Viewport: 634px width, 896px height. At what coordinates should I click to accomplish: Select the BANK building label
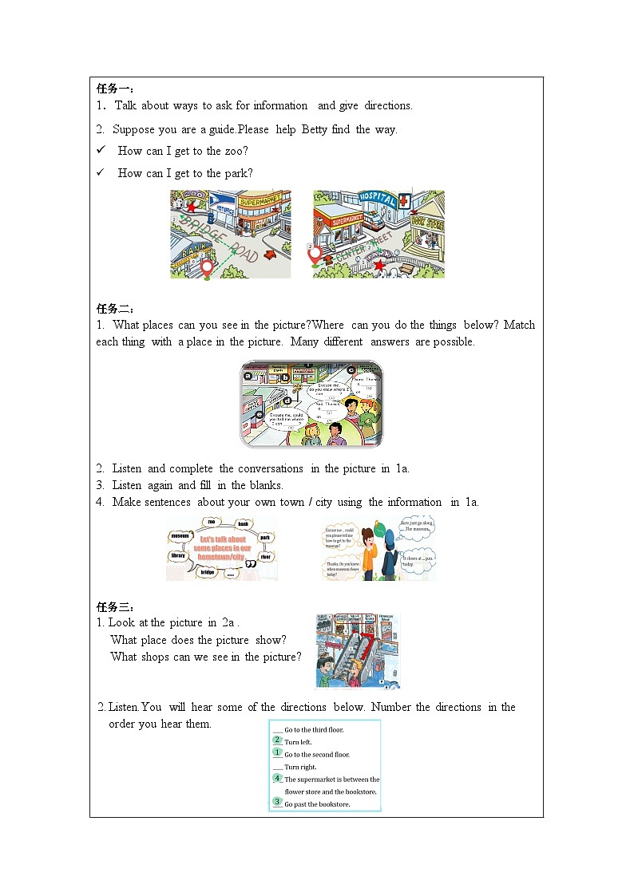[190, 251]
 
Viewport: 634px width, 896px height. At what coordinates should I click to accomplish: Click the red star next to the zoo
[192, 207]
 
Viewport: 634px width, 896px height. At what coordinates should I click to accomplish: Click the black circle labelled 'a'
[248, 374]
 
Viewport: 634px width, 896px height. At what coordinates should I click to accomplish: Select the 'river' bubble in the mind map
[266, 556]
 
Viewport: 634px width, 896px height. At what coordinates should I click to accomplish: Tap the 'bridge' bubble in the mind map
[208, 572]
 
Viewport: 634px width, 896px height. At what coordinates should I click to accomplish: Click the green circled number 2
[277, 740]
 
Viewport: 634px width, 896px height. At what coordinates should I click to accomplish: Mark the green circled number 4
[277, 777]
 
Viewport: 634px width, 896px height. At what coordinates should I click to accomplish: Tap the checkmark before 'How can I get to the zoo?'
[101, 150]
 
